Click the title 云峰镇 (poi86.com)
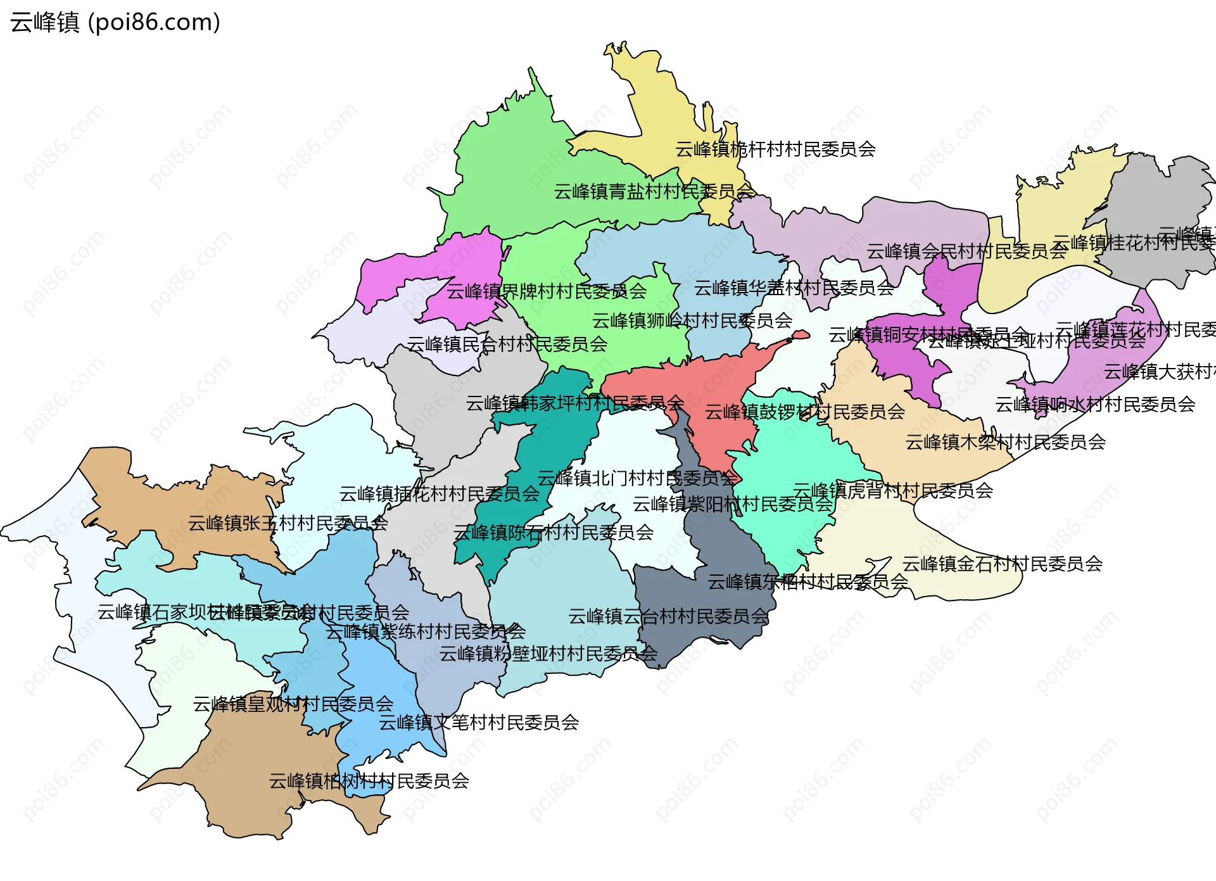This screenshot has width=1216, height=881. [115, 22]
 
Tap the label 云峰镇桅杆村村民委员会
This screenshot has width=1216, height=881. [775, 149]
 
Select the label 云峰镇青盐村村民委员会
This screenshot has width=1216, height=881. [654, 191]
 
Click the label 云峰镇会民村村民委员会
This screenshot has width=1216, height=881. [966, 251]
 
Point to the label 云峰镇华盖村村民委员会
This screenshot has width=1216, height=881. [794, 288]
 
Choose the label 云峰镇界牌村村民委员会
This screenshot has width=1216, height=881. [547, 291]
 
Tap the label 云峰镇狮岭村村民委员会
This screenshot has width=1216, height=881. [692, 320]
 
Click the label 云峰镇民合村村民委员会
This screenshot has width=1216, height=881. [507, 345]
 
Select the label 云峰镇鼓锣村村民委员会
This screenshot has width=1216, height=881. [804, 412]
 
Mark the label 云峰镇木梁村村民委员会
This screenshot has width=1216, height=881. [1005, 442]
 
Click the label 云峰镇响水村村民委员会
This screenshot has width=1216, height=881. [1094, 404]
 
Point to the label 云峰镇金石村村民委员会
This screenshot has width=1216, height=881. [1002, 564]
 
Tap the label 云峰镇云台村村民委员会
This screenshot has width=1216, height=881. [668, 616]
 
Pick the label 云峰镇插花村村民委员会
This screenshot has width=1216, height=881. [439, 494]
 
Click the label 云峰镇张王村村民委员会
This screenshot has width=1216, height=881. [288, 523]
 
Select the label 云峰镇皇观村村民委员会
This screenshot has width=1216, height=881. [293, 704]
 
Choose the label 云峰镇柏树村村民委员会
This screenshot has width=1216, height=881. [369, 781]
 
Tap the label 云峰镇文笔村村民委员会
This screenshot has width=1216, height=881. [478, 723]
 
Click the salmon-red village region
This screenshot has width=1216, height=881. [716, 393]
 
